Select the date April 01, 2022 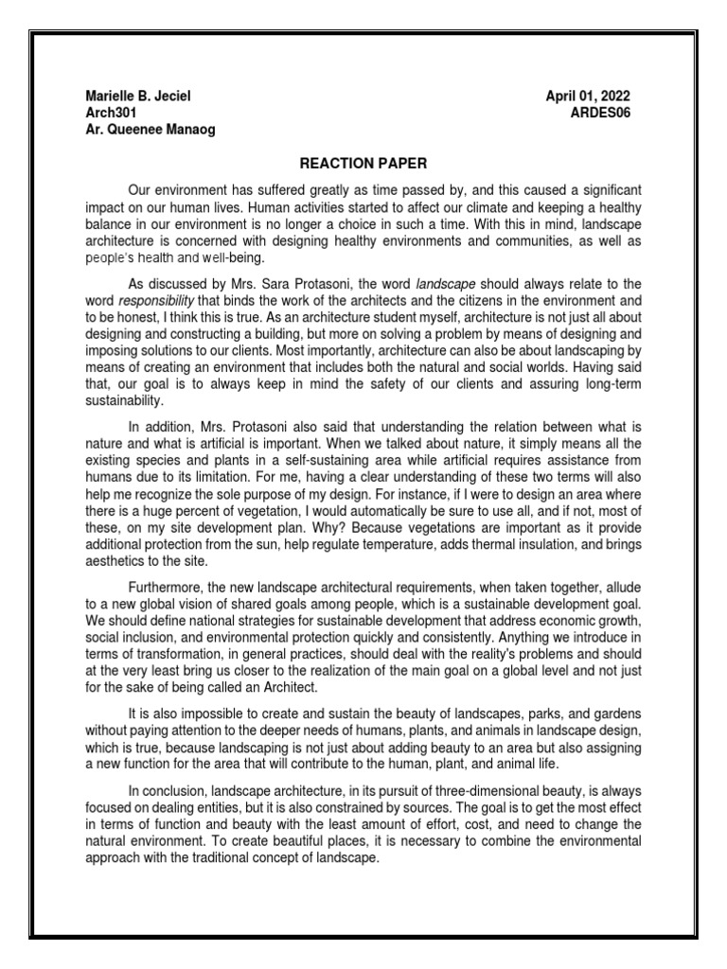(x=588, y=97)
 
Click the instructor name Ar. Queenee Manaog (x=150, y=129)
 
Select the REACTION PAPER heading (x=363, y=164)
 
